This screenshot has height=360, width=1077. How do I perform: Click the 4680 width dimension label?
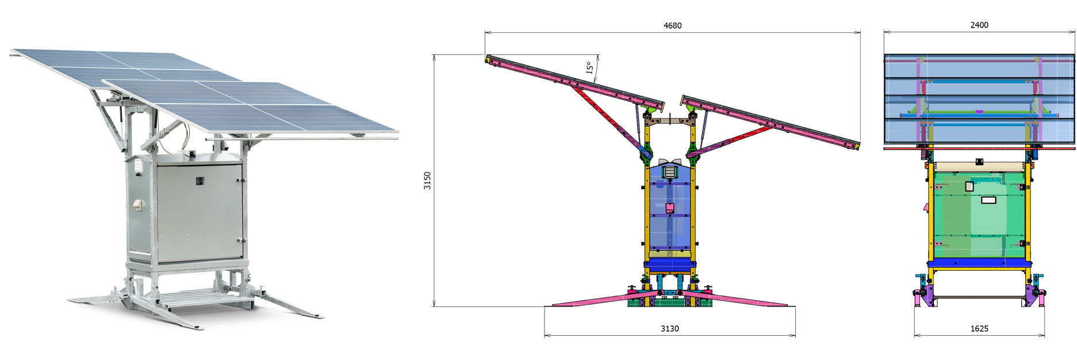(x=672, y=25)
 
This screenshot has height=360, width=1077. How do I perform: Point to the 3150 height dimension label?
(x=427, y=181)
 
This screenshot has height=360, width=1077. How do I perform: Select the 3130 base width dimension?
(x=669, y=329)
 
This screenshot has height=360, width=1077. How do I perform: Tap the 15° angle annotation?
(x=589, y=68)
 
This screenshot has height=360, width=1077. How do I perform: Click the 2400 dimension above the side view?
(x=979, y=25)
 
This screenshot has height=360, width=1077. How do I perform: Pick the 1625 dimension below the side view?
(x=979, y=329)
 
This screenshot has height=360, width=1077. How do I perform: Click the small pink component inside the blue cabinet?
(x=669, y=208)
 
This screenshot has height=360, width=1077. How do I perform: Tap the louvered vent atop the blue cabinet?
(x=670, y=171)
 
